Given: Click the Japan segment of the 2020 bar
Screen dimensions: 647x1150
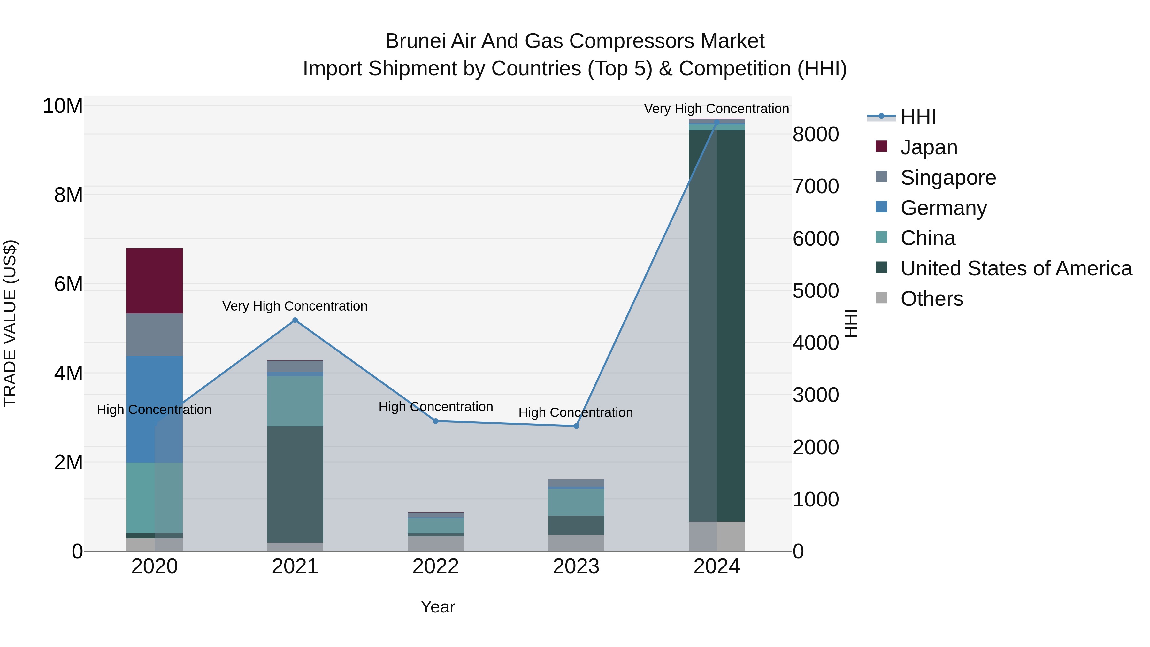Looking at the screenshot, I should coord(155,281).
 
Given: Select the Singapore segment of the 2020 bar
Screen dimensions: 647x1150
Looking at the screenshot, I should coord(155,335).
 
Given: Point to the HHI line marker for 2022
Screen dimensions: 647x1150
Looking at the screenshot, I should coord(436,421).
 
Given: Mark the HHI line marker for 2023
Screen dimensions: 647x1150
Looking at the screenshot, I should coord(576,426).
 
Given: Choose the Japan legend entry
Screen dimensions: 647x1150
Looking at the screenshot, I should coord(929,147).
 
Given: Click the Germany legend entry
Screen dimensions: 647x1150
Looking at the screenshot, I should coord(943,208).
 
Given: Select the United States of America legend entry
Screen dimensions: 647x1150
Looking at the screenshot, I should coord(1016,268).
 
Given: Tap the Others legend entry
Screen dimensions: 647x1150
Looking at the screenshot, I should coord(932,299).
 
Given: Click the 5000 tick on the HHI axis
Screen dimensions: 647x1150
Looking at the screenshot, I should coord(816,291).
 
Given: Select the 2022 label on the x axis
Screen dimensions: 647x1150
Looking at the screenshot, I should coord(436,566).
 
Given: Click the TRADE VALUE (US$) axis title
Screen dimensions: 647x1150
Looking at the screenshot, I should coord(10,323).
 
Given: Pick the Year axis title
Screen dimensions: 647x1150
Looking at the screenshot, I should coord(438,607).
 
